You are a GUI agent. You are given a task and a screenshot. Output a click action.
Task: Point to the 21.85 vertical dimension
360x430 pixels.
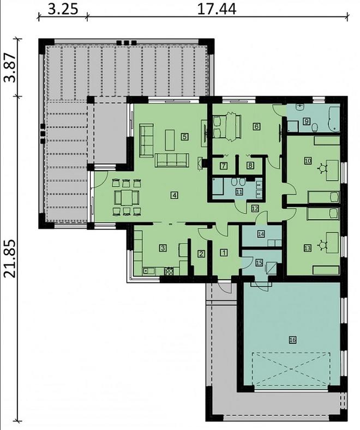point(9,258)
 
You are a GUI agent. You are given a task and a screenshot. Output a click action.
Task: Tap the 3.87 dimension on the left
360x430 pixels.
point(9,68)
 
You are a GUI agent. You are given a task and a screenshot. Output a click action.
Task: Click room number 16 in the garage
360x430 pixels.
point(292,340)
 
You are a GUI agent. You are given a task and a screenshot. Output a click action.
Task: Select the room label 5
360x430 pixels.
point(185,137)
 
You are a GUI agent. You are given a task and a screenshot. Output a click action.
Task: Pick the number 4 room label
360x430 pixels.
point(173,195)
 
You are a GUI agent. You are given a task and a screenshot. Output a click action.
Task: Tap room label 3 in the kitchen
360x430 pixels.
point(163,248)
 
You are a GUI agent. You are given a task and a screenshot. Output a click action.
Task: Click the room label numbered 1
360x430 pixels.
point(224,252)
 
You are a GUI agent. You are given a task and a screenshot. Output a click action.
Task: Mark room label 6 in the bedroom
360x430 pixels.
point(256,126)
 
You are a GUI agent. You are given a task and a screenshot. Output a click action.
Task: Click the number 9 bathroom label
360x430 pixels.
point(307,122)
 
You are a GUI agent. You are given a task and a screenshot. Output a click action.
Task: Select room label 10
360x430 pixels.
point(307,160)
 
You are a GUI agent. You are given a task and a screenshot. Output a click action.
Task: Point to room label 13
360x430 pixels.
point(307,248)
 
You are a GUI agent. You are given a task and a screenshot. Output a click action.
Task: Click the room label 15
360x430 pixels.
point(259,263)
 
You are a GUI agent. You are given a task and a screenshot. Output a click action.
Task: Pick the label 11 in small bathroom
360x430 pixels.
point(239,191)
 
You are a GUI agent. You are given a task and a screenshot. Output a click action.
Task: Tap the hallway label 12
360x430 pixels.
point(255,208)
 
